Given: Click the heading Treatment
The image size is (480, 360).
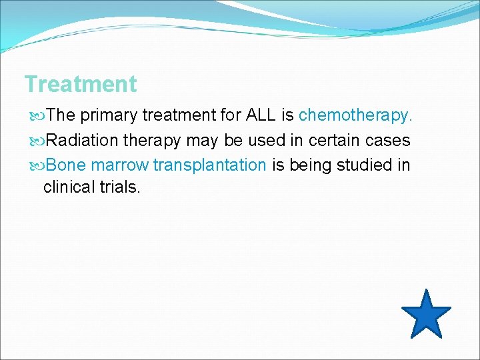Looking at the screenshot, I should pyautogui.click(x=80, y=85).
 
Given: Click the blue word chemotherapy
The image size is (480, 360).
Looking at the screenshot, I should pyautogui.click(x=355, y=116).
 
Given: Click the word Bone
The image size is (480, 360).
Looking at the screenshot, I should pyautogui.click(x=67, y=165).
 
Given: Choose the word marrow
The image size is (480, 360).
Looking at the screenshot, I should pyautogui.click(x=120, y=165).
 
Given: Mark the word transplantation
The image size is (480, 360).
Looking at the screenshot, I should pyautogui.click(x=210, y=165).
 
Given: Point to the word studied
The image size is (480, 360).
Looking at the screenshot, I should pyautogui.click(x=361, y=165).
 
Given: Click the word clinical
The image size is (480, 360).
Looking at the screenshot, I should pyautogui.click(x=69, y=187).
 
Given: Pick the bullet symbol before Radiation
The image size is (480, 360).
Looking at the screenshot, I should pyautogui.click(x=37, y=141).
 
